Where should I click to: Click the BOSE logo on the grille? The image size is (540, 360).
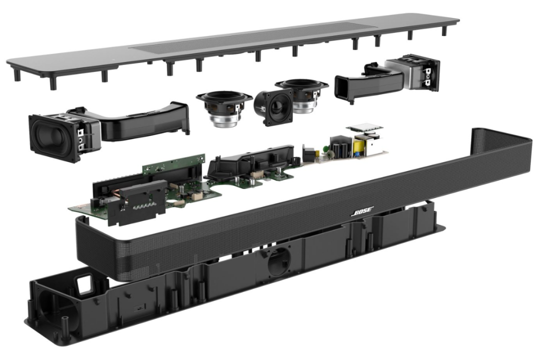pos(362,211)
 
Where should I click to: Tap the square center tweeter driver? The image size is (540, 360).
pos(274,107)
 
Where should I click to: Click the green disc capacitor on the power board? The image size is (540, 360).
pos(324,148)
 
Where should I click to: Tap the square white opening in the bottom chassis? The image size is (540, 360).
pos(84,284)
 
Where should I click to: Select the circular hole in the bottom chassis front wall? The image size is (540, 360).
pos(279,262)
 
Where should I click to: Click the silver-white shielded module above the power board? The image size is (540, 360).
pos(364,128)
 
